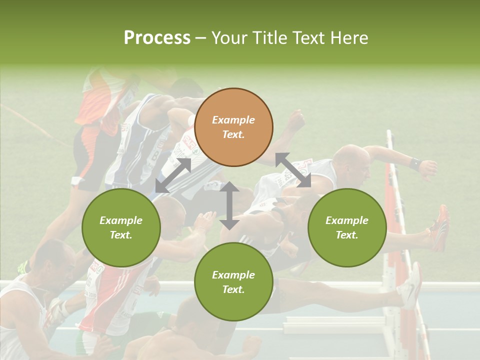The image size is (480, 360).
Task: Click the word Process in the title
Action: coord(157,38)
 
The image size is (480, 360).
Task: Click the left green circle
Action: coord(121,227)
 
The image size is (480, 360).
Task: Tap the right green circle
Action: coord(346,227)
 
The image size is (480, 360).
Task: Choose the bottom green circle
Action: coord(233,281)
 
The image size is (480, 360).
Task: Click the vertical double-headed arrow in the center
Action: coord(229,205)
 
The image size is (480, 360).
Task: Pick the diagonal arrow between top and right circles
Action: coord(293,170)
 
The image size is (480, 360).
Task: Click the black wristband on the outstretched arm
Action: coord(414,163)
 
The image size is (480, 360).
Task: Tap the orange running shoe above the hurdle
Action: coord(440,227)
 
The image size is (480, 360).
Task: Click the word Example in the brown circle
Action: coord(233,120)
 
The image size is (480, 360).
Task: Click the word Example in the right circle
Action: coord(346,220)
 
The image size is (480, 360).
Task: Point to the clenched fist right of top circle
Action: coord(295,120)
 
